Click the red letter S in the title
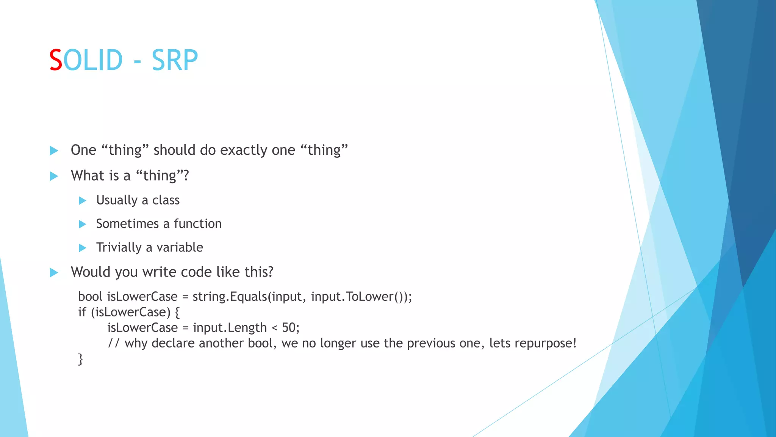56,60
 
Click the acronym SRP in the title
175,60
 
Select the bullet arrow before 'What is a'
54,176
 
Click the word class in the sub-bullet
166,200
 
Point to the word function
197,224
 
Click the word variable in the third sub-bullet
180,247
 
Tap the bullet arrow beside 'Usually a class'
83,201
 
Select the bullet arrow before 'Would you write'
54,272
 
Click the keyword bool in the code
90,296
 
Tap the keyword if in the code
82,312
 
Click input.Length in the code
230,327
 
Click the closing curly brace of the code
80,359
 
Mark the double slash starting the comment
114,343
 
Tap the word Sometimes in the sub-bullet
127,224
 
